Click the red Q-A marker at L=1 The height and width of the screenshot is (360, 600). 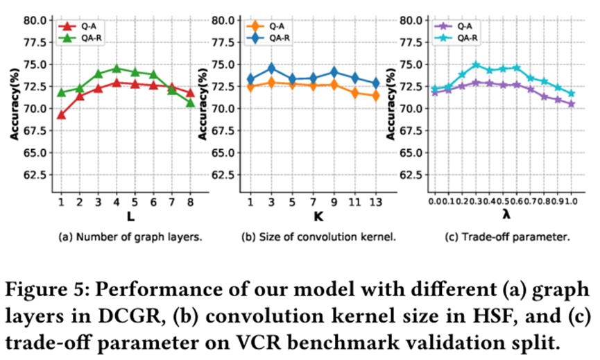[x=61, y=114]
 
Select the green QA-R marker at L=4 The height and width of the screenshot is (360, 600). [x=116, y=69]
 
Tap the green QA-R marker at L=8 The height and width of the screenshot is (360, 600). [x=189, y=102]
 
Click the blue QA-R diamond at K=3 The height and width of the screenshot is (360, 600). [x=272, y=68]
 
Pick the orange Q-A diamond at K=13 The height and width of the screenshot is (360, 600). [x=376, y=96]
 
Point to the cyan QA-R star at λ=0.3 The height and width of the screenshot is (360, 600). [x=476, y=65]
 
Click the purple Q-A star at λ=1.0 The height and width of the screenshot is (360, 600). [x=572, y=104]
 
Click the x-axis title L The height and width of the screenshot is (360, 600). [x=125, y=217]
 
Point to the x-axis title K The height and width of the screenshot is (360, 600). [x=314, y=217]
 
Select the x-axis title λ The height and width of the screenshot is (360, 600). [x=503, y=217]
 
